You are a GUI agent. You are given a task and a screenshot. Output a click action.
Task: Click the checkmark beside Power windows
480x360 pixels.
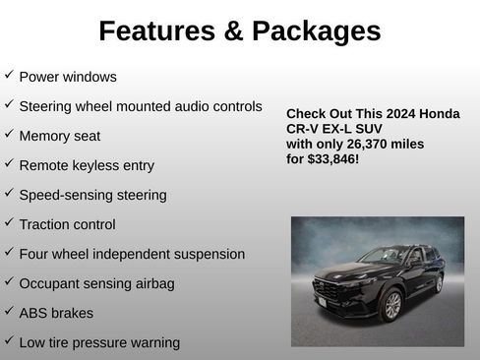pyautogui.click(x=9, y=75)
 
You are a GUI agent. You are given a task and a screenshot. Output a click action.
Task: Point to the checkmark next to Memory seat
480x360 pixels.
pyautogui.click(x=9, y=134)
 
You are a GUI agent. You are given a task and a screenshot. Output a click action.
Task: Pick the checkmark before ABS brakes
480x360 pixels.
pyautogui.click(x=9, y=312)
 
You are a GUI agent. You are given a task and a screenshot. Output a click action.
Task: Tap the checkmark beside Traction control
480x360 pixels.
pyautogui.click(x=9, y=223)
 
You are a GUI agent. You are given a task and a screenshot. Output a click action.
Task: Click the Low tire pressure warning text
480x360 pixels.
pyautogui.click(x=99, y=342)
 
